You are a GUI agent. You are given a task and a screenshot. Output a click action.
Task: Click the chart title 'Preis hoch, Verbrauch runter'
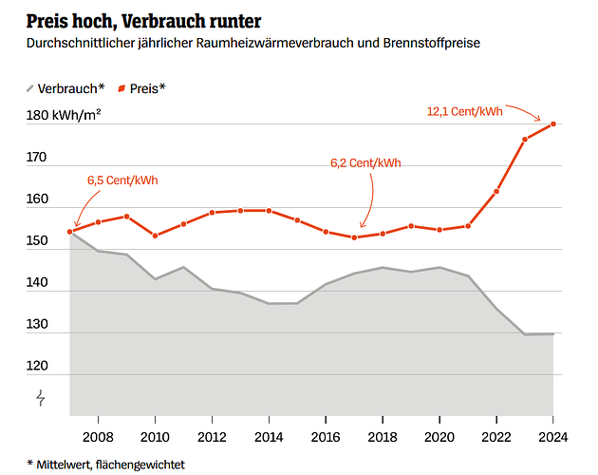[143, 20]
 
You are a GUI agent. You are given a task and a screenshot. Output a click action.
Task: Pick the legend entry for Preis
[141, 88]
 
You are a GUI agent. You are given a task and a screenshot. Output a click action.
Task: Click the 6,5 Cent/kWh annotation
[122, 180]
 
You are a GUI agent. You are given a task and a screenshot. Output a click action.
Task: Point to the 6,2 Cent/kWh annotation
[365, 162]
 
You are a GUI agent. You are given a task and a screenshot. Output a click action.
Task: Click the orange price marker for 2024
[553, 123]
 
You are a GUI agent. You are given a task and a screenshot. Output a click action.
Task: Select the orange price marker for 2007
[71, 232]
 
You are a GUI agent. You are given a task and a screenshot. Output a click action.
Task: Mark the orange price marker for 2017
[354, 237]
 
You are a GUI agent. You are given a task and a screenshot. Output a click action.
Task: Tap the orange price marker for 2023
[525, 140]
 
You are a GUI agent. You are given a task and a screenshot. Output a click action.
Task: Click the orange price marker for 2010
[156, 236]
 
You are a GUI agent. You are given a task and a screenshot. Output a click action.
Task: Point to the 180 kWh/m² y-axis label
[64, 116]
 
